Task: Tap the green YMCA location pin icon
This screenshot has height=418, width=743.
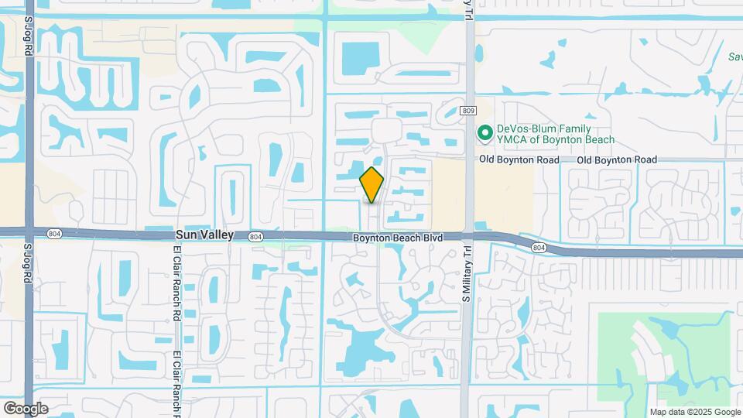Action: (x=485, y=133)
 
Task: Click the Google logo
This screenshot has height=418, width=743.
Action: (x=26, y=408)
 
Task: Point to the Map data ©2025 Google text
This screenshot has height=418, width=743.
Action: (x=694, y=412)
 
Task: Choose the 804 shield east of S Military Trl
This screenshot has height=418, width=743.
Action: (x=539, y=247)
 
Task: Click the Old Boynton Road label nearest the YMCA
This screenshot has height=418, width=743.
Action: (x=518, y=159)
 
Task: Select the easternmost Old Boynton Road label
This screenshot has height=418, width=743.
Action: (x=617, y=159)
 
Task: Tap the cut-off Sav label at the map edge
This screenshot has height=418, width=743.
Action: (x=734, y=57)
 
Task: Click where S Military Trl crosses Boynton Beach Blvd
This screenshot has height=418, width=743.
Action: (x=467, y=236)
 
